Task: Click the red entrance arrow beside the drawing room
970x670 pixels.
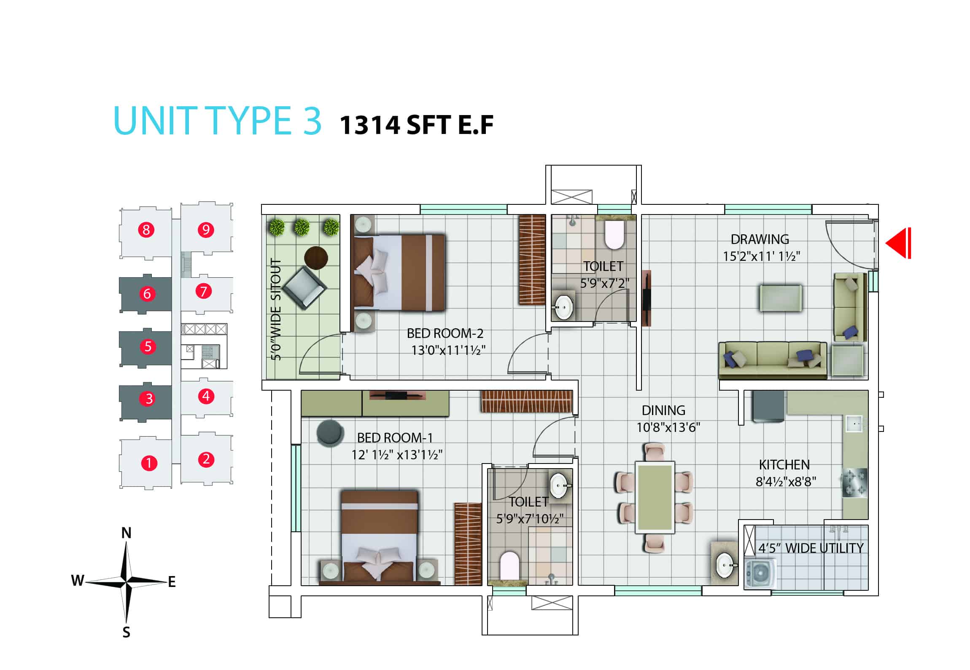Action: pos(898,243)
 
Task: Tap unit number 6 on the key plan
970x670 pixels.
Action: pos(147,293)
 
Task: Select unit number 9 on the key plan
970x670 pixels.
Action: pos(206,230)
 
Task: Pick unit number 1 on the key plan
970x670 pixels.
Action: pos(148,463)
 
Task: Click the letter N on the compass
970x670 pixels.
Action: pos(126,533)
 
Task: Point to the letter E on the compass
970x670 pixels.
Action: pos(172,582)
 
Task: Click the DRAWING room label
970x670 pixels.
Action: pos(760,239)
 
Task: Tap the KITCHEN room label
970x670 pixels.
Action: pos(784,465)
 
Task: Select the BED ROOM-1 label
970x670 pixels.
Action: pos(395,438)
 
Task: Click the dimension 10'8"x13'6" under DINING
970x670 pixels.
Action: pos(668,428)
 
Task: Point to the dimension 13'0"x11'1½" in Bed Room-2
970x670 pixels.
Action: pos(448,350)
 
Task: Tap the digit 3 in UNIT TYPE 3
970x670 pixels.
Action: pos(312,121)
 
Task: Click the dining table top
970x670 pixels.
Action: pos(655,498)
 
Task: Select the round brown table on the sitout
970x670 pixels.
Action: pos(316,257)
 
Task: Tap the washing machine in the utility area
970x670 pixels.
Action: pos(760,574)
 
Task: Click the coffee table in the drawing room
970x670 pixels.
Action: pos(781,298)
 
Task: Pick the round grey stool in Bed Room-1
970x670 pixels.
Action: pos(330,433)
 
